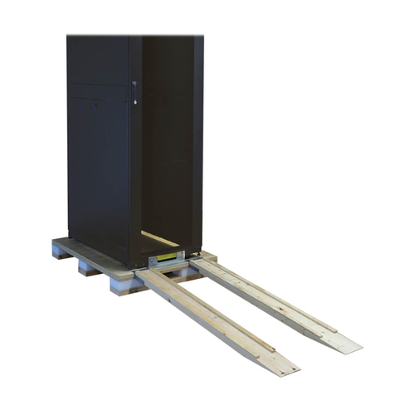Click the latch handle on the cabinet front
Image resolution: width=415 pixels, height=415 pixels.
point(135,91)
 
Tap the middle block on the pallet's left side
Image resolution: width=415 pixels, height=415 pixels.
point(89,267)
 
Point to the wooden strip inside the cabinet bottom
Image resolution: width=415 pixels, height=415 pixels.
point(160,239)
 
